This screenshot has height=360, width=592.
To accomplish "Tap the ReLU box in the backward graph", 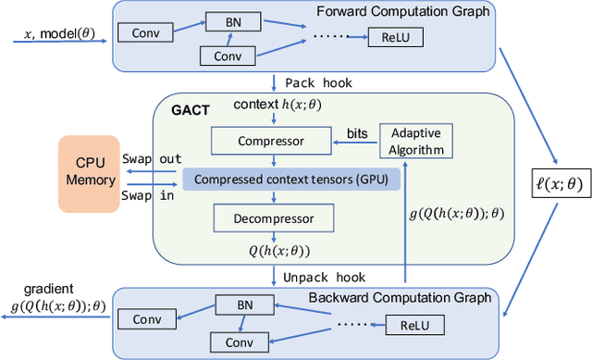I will pos(416,325).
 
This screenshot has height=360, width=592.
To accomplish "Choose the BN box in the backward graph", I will pos(235,304).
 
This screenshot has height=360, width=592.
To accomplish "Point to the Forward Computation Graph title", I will pos(432,11).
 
